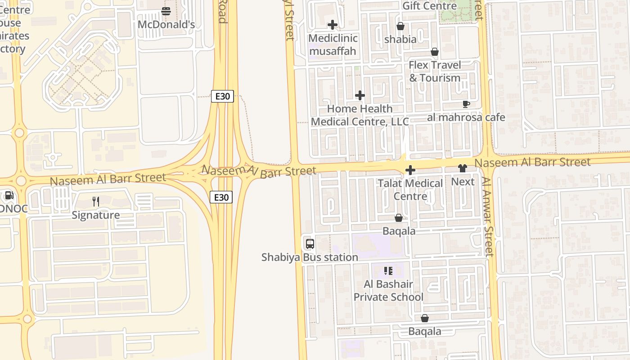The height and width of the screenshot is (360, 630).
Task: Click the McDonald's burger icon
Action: coord(166,11)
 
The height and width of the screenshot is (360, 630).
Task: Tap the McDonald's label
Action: coord(166,24)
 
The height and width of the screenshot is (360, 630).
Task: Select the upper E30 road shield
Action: coord(222,96)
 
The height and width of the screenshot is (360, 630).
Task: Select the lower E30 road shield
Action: coord(221,197)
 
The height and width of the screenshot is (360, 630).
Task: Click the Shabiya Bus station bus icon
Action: coord(310,244)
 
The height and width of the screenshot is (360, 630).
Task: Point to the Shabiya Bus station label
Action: coord(310,257)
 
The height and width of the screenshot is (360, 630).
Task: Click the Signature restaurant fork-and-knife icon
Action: coord(95,201)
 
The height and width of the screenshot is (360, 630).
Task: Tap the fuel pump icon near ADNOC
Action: coord(9,196)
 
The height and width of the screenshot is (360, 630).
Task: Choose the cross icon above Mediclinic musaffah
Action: coord(333,25)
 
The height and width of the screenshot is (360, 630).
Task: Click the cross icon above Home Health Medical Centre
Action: coord(360,95)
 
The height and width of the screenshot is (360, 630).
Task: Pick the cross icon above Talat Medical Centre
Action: coord(410,170)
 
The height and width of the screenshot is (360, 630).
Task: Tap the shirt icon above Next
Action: coord(463,168)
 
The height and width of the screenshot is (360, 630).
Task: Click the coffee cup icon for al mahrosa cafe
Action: coord(466,104)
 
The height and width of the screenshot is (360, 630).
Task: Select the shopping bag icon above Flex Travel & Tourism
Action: coord(435,52)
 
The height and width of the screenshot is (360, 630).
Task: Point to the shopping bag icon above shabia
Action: coord(400,27)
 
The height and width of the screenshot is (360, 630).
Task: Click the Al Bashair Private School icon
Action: coord(388,271)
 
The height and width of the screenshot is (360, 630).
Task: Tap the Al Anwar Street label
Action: coord(488,216)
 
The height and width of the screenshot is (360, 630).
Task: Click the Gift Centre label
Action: coord(429,6)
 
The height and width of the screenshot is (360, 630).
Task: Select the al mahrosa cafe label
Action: coord(466,117)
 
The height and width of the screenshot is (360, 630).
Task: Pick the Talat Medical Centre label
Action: coord(410,190)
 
